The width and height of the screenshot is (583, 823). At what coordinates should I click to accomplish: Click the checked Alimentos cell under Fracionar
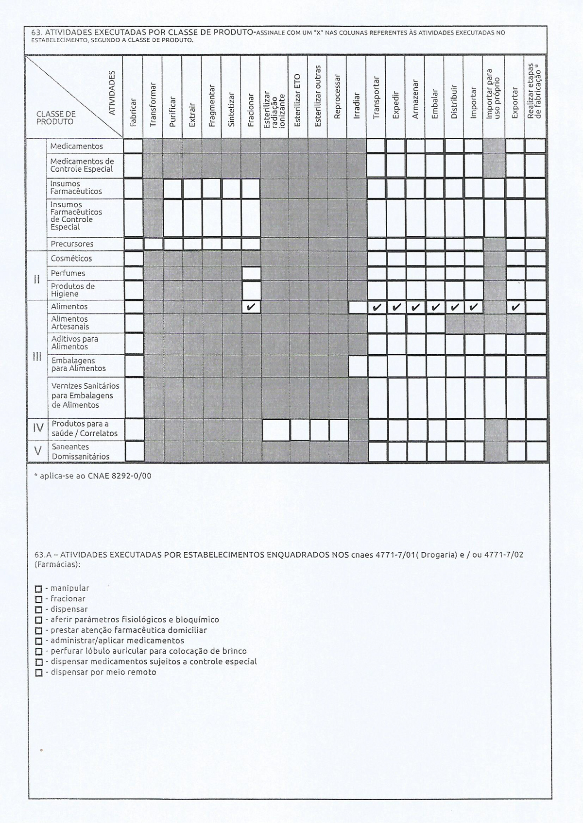click(251, 307)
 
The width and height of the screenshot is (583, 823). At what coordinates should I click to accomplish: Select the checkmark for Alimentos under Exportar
click(515, 307)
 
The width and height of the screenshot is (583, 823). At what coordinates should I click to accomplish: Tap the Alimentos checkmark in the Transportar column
click(377, 307)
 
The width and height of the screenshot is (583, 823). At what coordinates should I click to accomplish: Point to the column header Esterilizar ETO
click(298, 99)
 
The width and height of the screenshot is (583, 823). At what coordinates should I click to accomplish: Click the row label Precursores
click(72, 244)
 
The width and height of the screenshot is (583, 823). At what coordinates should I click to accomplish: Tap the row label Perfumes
click(68, 273)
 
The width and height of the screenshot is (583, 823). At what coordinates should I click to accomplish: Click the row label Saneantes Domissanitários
click(80, 451)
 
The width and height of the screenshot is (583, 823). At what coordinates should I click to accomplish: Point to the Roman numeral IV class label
click(38, 428)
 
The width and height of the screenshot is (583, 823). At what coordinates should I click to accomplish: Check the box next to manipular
click(38, 589)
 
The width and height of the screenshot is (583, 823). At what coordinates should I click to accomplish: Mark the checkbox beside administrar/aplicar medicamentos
click(38, 641)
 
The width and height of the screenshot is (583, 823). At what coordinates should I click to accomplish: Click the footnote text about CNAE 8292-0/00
click(92, 476)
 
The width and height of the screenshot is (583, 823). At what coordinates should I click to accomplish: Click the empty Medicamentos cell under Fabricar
click(133, 146)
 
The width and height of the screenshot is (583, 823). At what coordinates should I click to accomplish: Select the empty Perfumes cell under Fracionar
click(251, 273)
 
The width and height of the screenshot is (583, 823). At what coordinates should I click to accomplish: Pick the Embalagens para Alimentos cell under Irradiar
click(358, 366)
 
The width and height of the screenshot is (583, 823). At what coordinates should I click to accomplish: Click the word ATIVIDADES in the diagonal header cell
click(112, 93)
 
